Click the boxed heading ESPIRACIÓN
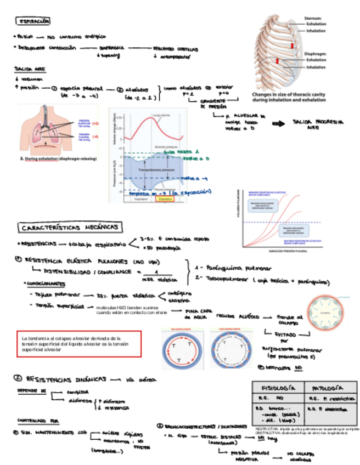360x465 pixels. [x=33, y=21]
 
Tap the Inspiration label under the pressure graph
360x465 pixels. [x=140, y=199]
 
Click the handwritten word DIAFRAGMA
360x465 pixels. [x=115, y=48]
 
